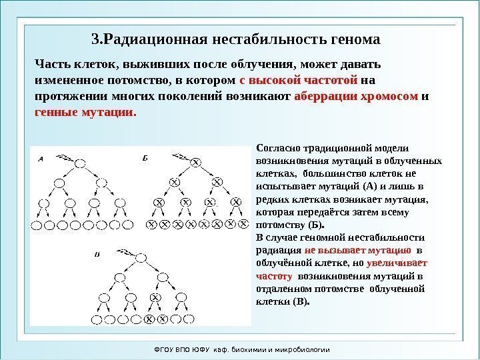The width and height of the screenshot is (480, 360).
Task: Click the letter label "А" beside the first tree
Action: [41, 159]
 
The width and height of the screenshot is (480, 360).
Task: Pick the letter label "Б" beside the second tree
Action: [145, 159]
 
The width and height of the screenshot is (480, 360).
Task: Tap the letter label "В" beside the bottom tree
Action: [97, 253]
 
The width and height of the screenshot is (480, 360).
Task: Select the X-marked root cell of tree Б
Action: [196, 163]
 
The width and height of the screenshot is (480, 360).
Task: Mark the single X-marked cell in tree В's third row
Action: [155, 297]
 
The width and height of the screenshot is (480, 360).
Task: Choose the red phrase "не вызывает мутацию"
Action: [357, 250]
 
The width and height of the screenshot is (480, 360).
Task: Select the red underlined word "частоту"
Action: [275, 275]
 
